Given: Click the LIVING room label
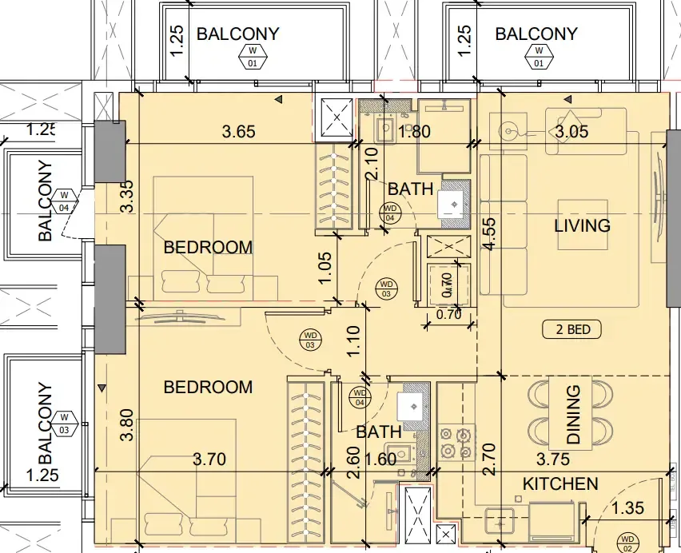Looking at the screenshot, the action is pyautogui.click(x=582, y=225).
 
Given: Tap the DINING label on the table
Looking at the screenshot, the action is pyautogui.click(x=573, y=415).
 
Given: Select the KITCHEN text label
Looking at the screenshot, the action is pyautogui.click(x=560, y=484).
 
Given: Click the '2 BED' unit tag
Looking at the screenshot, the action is pyautogui.click(x=572, y=329).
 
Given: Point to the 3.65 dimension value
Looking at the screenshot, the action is pyautogui.click(x=238, y=131).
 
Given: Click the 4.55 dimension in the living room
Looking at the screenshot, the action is pyautogui.click(x=489, y=234).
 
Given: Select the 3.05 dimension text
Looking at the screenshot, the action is pyautogui.click(x=572, y=131).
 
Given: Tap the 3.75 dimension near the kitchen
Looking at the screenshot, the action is pyautogui.click(x=553, y=460).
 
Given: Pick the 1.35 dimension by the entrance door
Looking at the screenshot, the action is pyautogui.click(x=627, y=507).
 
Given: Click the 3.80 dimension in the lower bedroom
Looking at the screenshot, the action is pyautogui.click(x=127, y=424).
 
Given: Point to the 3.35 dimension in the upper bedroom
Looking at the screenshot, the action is pyautogui.click(x=127, y=197).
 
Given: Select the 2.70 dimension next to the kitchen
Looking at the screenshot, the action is pyautogui.click(x=489, y=460).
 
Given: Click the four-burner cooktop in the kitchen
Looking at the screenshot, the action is pyautogui.click(x=456, y=444).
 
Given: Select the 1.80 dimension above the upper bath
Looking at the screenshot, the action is pyautogui.click(x=414, y=131).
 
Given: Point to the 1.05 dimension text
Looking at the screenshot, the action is pyautogui.click(x=325, y=268).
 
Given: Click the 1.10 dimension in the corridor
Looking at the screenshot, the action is pyautogui.click(x=354, y=341).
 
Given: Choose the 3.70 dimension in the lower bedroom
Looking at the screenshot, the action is pyautogui.click(x=209, y=460).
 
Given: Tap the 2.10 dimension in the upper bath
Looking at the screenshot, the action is pyautogui.click(x=372, y=164).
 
